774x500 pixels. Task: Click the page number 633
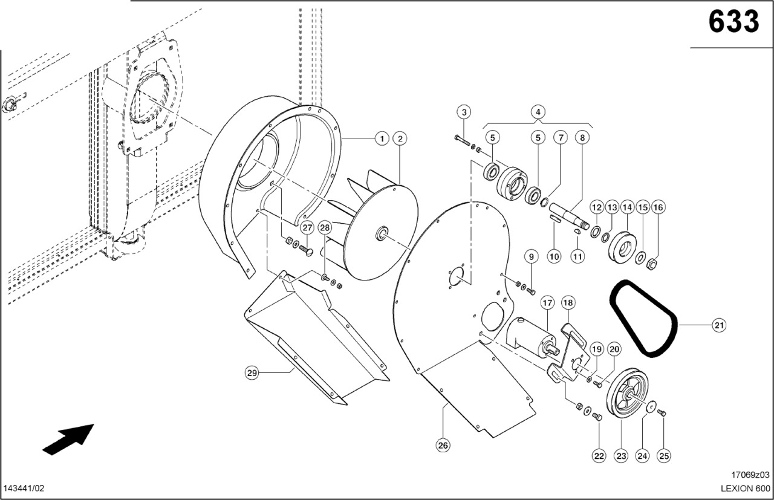[x=733, y=22]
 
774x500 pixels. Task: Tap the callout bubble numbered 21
[x=718, y=326]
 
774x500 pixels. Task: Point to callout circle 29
[x=252, y=373]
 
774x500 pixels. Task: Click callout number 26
[x=443, y=446]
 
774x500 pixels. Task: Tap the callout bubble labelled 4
[x=538, y=112]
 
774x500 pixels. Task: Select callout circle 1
[x=381, y=139]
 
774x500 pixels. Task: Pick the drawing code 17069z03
[x=749, y=475]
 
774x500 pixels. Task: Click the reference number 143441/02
[x=24, y=488]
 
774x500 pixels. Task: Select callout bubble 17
[x=547, y=302]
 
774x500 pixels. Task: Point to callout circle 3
[x=464, y=112]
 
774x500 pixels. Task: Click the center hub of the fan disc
[x=382, y=233]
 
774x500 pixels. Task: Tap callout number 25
[x=665, y=456]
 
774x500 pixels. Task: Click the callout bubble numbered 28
[x=325, y=228]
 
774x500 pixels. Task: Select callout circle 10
[x=554, y=256]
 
